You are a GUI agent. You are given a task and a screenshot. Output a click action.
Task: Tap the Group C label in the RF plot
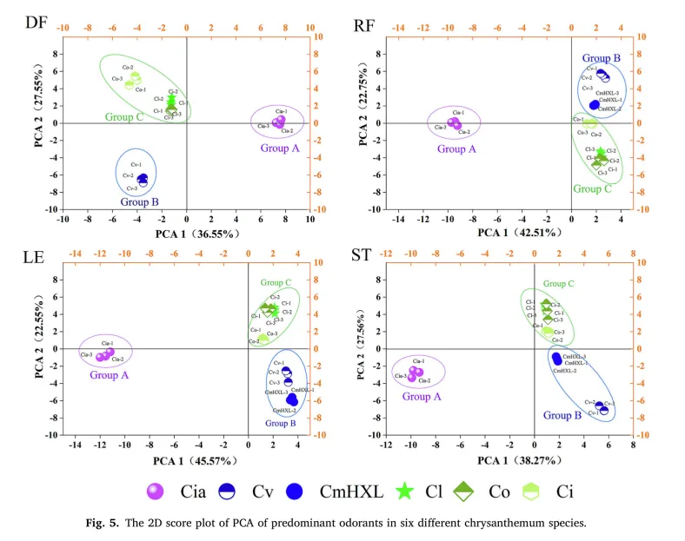coord(593,188)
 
